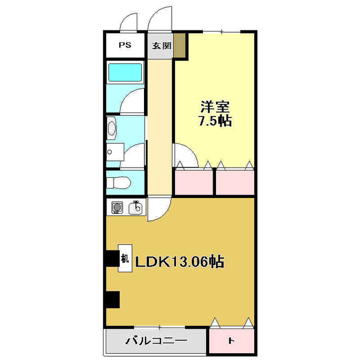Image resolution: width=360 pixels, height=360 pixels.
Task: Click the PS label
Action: [125, 46]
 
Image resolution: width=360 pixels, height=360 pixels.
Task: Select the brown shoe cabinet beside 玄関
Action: [179, 46]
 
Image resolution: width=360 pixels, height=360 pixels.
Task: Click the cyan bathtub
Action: [124, 73]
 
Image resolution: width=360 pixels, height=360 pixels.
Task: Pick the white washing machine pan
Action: [115, 151]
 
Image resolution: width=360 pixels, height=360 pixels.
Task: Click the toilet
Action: [119, 182]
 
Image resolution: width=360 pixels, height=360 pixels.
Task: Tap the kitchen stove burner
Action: [117, 208]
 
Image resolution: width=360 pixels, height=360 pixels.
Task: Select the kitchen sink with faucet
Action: [135, 208]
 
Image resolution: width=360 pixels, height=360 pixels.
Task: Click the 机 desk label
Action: [125, 259]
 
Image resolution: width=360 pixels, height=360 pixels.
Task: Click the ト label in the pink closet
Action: [231, 341]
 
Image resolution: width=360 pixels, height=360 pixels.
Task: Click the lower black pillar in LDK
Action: [112, 299]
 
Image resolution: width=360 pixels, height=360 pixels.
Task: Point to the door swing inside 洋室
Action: [184, 155]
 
